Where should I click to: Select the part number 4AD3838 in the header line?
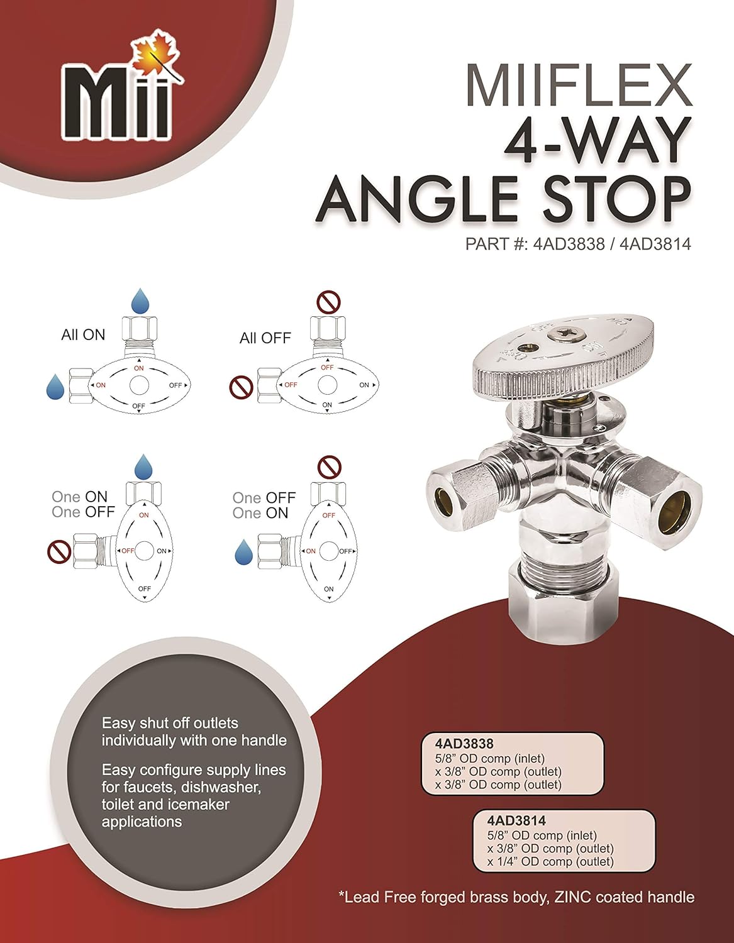click(x=568, y=244)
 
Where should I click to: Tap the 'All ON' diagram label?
click(x=83, y=335)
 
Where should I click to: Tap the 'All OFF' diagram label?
click(x=265, y=338)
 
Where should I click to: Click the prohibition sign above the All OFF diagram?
click(x=328, y=303)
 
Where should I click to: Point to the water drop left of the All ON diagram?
click(x=55, y=387)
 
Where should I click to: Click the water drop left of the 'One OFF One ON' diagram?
click(x=243, y=553)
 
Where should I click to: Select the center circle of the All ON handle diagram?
click(x=139, y=385)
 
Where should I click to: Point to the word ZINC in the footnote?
click(x=572, y=897)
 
